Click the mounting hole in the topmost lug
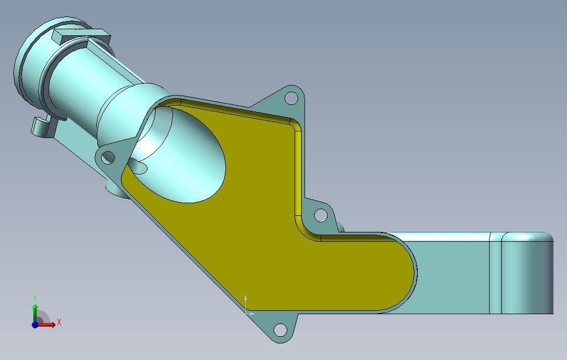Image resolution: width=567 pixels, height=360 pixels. (x=289, y=99)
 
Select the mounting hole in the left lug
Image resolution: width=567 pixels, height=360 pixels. (x=108, y=158)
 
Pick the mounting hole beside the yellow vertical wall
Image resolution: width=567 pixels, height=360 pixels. (x=321, y=215)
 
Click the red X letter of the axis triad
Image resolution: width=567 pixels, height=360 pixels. (x=59, y=322)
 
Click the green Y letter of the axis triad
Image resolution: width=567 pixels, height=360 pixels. (x=35, y=298)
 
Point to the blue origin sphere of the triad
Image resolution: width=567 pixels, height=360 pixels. (x=35, y=325)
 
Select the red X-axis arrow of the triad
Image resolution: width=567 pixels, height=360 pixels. (x=48, y=325)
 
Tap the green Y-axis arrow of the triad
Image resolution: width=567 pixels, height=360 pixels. (x=35, y=312)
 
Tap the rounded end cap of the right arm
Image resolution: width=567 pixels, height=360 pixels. (x=528, y=273)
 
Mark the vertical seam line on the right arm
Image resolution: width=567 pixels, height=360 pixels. (x=490, y=273)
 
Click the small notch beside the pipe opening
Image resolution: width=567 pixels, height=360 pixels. (x=140, y=166)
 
